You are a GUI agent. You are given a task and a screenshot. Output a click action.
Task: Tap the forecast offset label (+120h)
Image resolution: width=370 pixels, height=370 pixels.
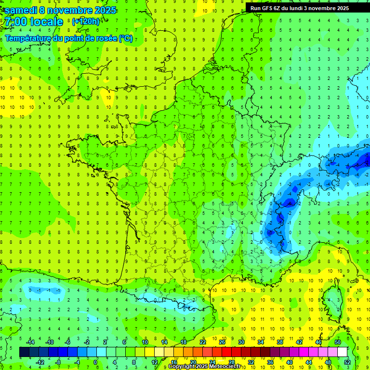coord(86,22)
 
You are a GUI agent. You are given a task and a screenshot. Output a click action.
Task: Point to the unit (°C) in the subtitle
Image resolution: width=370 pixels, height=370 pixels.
coord(125,39)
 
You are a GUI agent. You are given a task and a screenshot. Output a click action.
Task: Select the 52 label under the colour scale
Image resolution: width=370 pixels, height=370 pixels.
coord(347,362)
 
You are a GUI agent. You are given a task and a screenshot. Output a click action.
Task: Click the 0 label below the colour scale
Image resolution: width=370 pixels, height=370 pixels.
coord(95,362)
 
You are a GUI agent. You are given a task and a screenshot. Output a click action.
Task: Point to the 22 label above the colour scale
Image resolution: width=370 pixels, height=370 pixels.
coord(203,342)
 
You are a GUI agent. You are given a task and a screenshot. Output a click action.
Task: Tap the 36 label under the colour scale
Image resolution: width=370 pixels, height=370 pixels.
coord(270,362)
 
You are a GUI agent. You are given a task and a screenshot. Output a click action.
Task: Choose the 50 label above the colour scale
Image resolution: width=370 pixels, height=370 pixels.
coord(338,342)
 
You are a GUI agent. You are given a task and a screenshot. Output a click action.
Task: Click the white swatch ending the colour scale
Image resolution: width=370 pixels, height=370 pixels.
coord(342,352)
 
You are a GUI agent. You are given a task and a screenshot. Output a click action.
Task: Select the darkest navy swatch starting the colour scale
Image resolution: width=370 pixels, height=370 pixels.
coord(24,352)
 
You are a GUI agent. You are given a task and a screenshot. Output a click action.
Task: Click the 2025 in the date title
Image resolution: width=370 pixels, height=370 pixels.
coord(105,10)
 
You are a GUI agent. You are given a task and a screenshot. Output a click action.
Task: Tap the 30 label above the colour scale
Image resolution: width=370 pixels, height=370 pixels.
coord(241,342)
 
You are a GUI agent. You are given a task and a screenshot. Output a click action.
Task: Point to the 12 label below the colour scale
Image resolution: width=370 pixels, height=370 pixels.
coord(155,362)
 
